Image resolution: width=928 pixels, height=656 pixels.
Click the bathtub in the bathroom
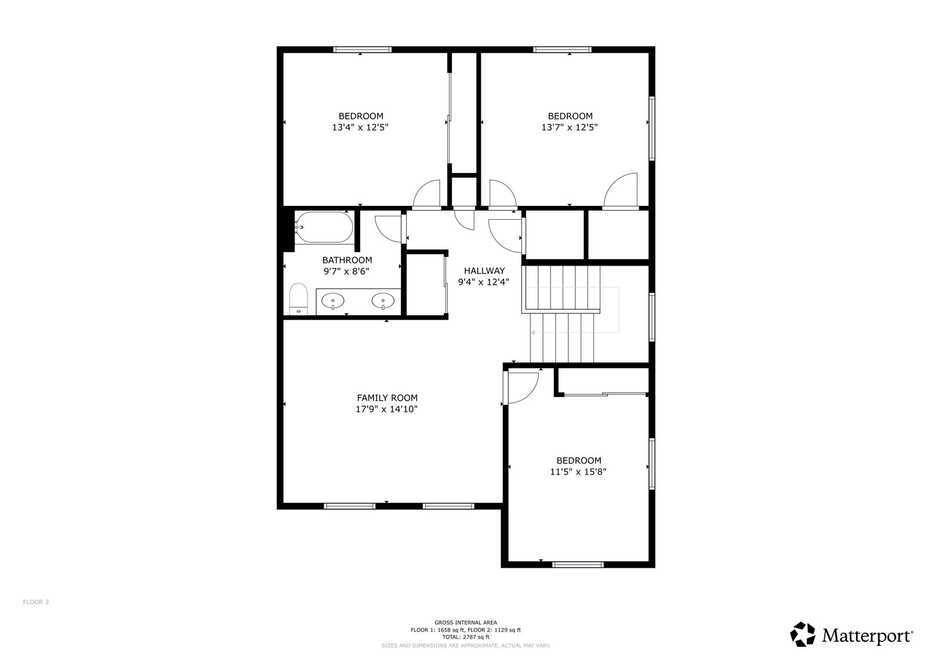coord(324,227)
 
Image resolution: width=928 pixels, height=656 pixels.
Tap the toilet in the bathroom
coord(299,298)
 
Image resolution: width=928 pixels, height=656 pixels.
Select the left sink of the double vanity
coord(333,300)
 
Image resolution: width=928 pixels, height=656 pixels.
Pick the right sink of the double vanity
coord(383,301)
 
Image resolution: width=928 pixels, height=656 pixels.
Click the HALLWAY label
coord(484,271)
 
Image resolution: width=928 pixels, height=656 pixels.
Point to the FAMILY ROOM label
coord(387,398)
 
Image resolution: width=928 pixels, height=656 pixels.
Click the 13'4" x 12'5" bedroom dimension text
coord(360,127)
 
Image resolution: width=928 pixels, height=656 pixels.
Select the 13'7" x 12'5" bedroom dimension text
coord(570,127)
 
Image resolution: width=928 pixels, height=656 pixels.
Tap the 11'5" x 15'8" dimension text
coord(578,472)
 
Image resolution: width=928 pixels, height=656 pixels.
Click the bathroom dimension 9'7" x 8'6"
coord(346,271)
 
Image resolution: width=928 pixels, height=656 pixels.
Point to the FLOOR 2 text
coord(36,602)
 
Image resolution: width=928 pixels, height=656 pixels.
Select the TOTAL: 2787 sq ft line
coord(466,637)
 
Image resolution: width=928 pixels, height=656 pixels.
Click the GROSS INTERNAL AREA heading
coord(466,622)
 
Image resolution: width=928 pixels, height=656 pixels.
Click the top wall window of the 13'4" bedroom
coord(362,50)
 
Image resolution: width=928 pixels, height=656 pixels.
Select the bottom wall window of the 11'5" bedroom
coord(578,564)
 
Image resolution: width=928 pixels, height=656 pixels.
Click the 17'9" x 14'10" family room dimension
coord(386,409)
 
